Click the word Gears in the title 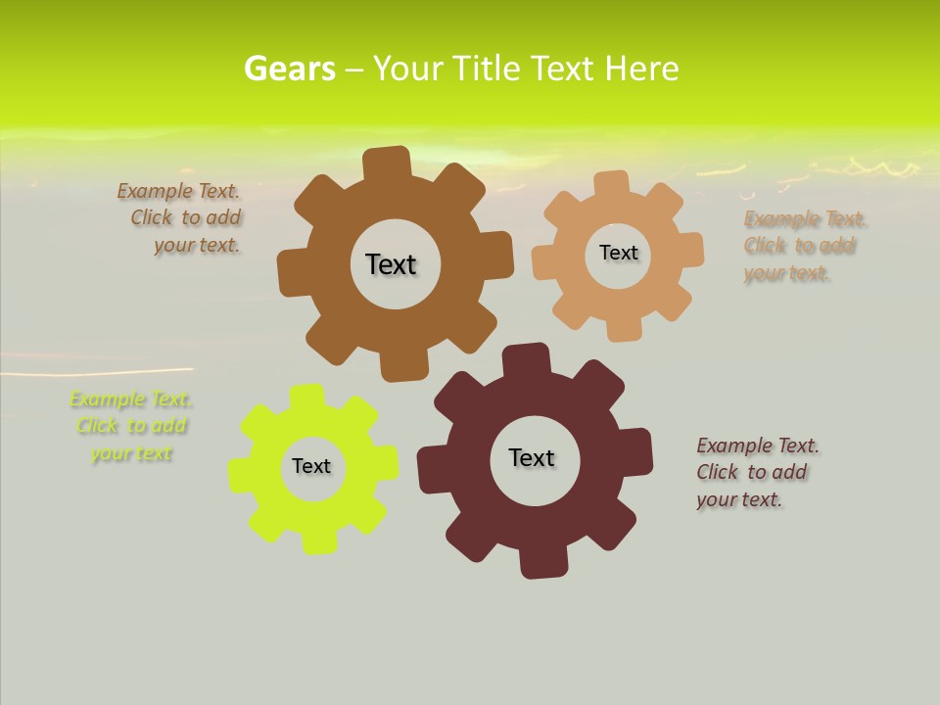pyautogui.click(x=289, y=69)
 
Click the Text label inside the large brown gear pyautogui.click(x=391, y=264)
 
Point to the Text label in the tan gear pyautogui.click(x=618, y=253)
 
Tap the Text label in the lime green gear pyautogui.click(x=311, y=466)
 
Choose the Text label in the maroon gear pyautogui.click(x=532, y=457)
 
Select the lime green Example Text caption pyautogui.click(x=131, y=426)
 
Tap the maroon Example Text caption pyautogui.click(x=756, y=472)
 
